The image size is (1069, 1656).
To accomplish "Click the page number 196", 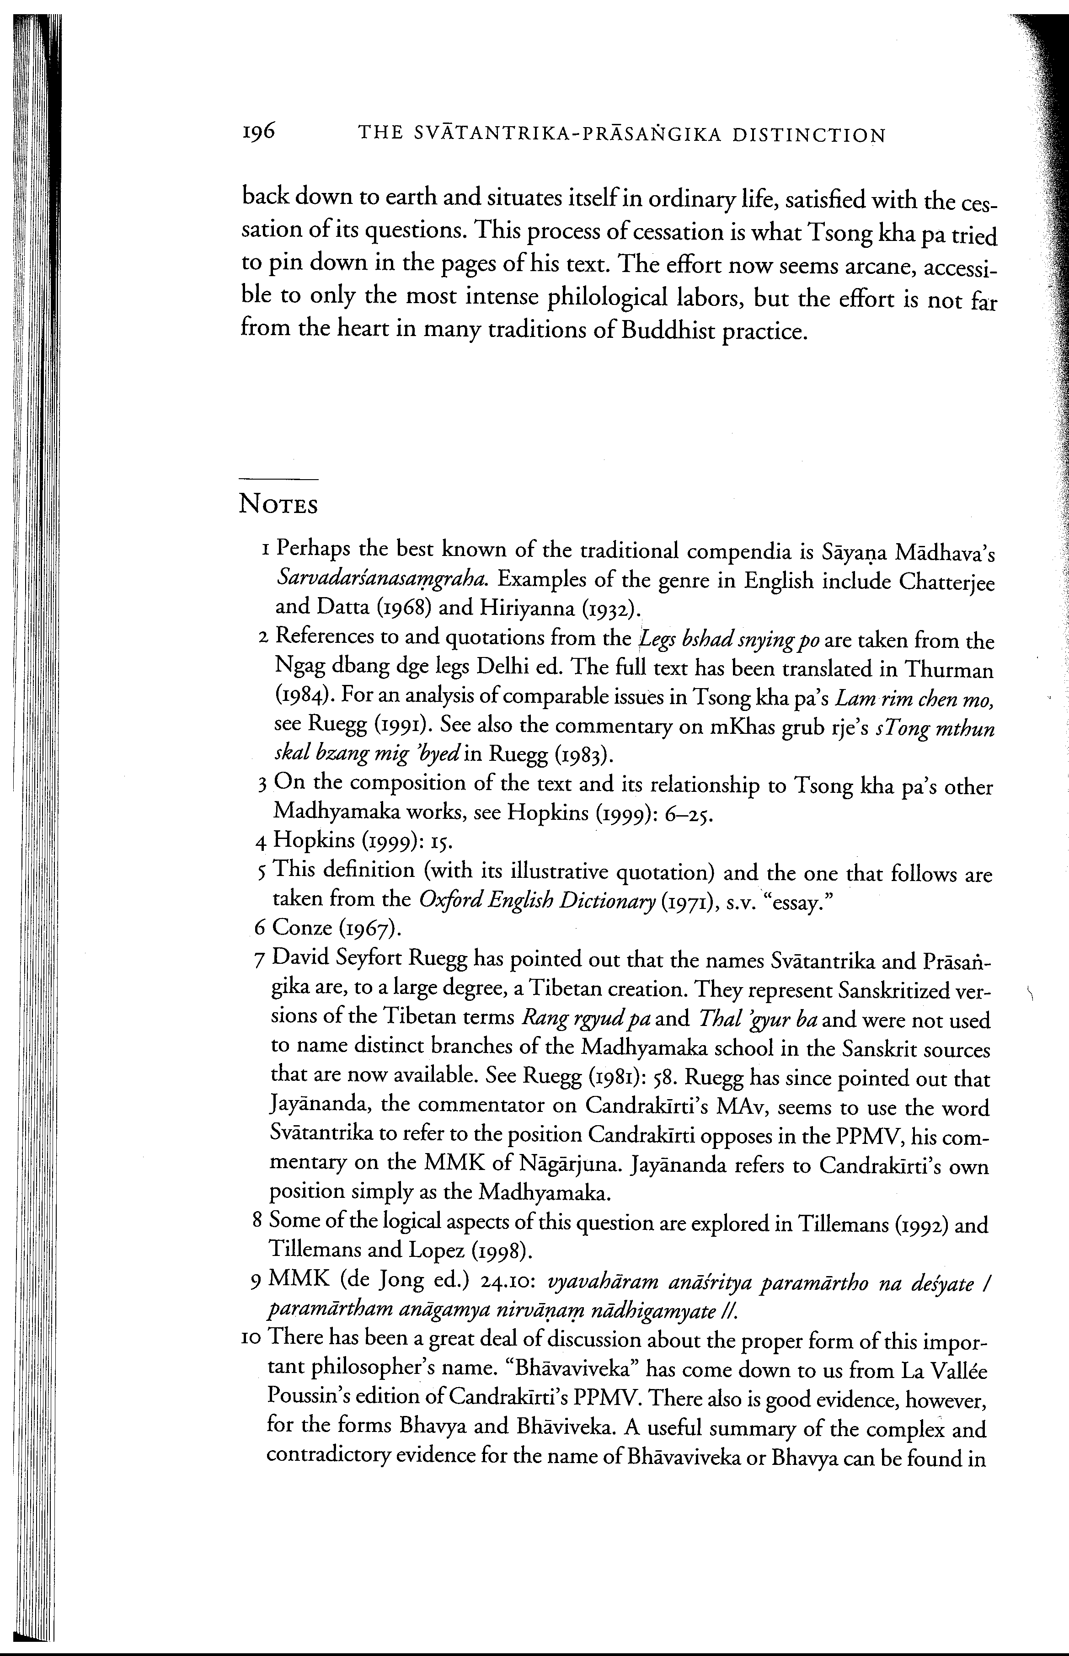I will pyautogui.click(x=259, y=130).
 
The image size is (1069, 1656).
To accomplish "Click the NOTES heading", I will pyautogui.click(x=278, y=505).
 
